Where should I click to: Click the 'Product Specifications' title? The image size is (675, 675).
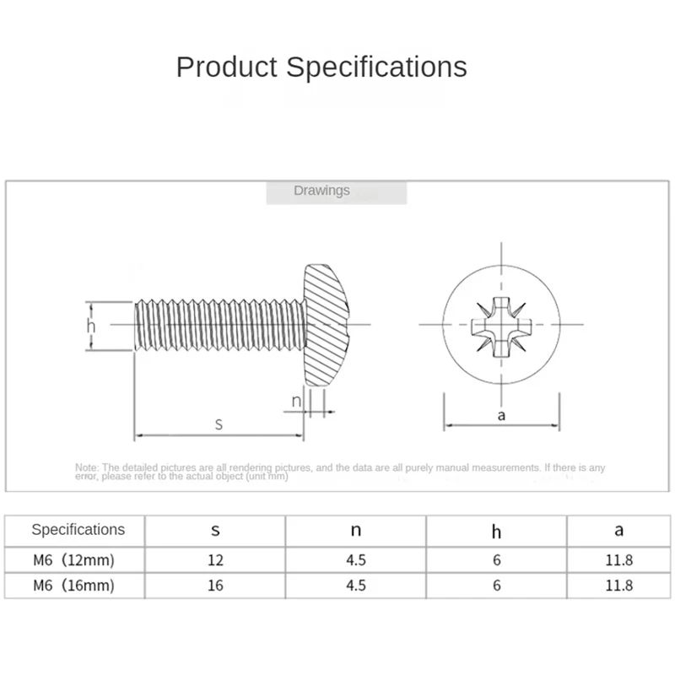[321, 67]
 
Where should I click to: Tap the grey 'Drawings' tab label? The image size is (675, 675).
[321, 192]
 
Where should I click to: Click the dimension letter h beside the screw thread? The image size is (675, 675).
[91, 327]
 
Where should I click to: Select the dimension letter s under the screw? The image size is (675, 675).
[219, 424]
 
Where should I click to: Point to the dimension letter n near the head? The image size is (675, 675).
[296, 401]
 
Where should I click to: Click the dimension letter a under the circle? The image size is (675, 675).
[501, 415]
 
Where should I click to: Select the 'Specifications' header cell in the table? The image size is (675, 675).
[78, 530]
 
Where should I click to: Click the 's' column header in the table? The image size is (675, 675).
[215, 531]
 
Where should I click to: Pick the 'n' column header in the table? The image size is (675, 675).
[355, 531]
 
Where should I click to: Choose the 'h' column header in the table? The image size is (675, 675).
[496, 531]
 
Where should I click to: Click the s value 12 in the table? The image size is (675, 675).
[215, 559]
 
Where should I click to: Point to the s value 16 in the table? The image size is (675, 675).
[215, 585]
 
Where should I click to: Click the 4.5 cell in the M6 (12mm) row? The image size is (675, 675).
[355, 559]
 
